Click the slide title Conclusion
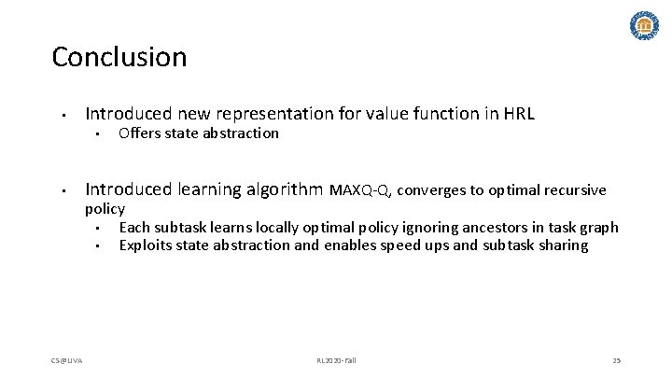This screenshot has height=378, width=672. click(119, 58)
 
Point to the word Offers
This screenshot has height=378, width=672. click(139, 133)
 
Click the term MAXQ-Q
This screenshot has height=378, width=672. click(361, 191)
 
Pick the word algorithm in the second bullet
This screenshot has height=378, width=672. click(285, 190)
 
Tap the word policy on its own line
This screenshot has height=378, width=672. click(105, 209)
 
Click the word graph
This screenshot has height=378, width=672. click(598, 227)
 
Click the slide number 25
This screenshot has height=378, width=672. click(616, 360)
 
